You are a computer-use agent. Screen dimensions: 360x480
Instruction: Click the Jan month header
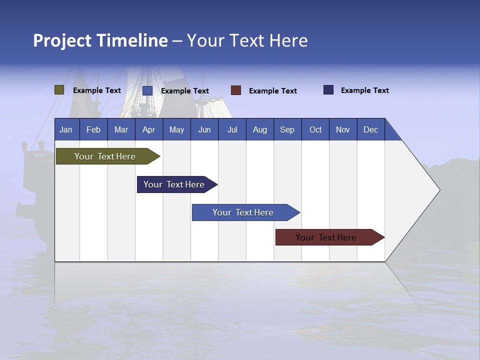(66, 129)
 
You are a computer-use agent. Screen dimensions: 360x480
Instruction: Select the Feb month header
(93, 129)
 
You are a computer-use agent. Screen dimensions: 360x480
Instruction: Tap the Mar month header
(121, 129)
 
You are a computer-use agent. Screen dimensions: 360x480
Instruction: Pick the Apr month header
(149, 129)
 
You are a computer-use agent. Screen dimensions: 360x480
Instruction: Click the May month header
(176, 129)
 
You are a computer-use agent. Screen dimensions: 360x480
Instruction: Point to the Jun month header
(204, 129)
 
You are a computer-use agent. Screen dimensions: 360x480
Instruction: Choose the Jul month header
(232, 129)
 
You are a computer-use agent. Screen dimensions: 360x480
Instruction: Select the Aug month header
(260, 129)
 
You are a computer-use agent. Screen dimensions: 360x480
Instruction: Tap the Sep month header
(287, 129)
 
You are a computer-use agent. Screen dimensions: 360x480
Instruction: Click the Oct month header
(315, 129)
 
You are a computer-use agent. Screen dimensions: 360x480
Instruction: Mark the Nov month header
(343, 129)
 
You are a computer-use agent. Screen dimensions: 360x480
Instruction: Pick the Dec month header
(371, 129)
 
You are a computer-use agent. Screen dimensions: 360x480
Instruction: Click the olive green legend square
(59, 90)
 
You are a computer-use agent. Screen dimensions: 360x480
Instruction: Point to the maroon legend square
(236, 90)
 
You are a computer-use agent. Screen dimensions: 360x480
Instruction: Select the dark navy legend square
(328, 90)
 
